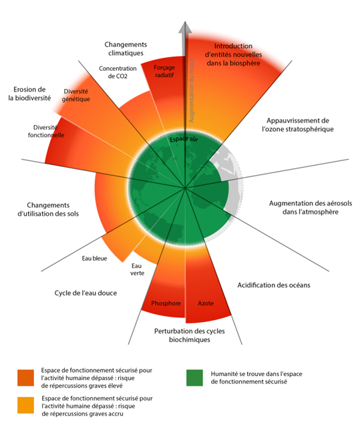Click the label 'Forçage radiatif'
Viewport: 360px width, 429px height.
click(x=164, y=71)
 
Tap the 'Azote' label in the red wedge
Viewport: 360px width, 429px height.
click(x=206, y=303)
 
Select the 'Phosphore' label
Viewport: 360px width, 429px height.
click(x=166, y=303)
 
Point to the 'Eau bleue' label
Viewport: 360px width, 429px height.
click(x=94, y=259)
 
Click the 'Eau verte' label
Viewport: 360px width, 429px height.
click(x=137, y=269)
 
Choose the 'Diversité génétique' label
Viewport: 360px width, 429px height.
click(x=75, y=95)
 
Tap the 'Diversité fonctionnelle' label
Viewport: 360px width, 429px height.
click(x=46, y=132)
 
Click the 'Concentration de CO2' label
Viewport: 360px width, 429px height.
click(x=118, y=72)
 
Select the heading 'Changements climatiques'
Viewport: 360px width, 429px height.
click(x=126, y=49)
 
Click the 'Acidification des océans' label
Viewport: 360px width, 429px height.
click(x=274, y=285)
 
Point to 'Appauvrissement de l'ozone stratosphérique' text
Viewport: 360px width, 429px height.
click(x=298, y=125)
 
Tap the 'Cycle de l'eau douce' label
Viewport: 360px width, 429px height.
click(x=85, y=293)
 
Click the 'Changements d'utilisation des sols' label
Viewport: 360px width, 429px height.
click(x=48, y=209)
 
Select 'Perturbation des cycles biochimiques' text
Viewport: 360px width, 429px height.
click(x=189, y=335)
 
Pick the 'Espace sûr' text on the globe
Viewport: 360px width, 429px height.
click(x=184, y=139)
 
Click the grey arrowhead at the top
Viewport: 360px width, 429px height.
click(x=185, y=28)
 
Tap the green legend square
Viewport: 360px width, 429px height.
click(x=194, y=378)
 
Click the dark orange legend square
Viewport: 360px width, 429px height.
click(x=25, y=378)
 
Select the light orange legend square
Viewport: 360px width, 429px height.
click(x=25, y=405)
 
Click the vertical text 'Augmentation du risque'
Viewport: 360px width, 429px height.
click(x=191, y=90)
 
